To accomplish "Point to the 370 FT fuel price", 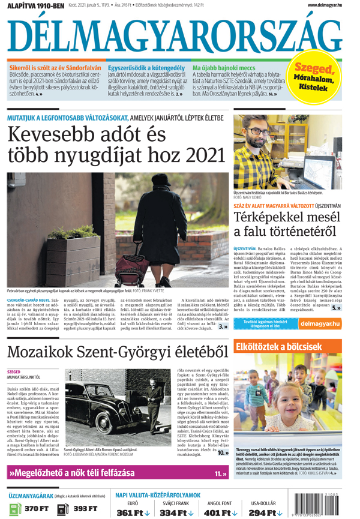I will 37,509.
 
